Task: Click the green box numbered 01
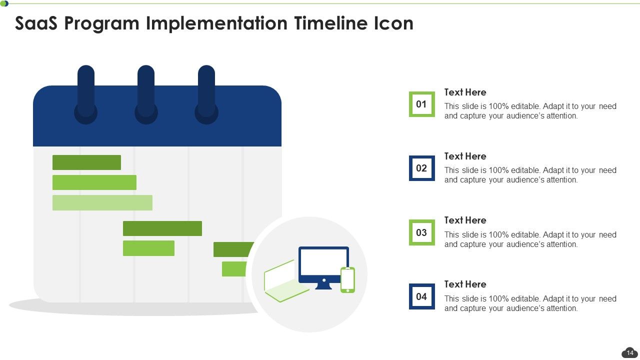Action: (x=421, y=104)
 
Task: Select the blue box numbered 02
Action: (x=421, y=168)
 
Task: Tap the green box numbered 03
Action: (x=421, y=232)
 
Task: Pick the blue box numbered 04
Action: (x=421, y=296)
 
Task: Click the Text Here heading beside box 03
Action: (x=465, y=220)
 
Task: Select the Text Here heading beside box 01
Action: (x=465, y=92)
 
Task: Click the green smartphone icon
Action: (x=347, y=280)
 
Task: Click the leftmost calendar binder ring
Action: (x=86, y=95)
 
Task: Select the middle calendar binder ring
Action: (x=146, y=95)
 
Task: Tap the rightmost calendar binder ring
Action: (x=206, y=95)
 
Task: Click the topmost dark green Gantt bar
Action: (x=86, y=162)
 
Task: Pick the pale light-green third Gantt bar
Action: (x=102, y=202)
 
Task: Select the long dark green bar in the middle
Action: (x=162, y=228)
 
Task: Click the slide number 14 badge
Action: (x=629, y=353)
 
